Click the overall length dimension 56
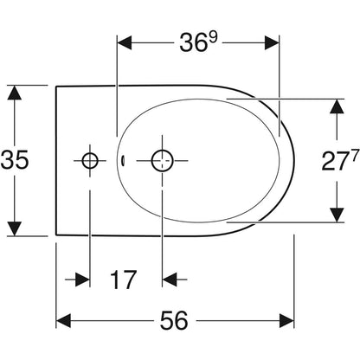[x=174, y=320]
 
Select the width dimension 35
[x=15, y=160]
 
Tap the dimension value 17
[x=123, y=280]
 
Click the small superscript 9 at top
[x=213, y=37]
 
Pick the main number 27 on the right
[x=334, y=161]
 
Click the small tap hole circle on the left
[x=90, y=160]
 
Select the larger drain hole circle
[x=162, y=161]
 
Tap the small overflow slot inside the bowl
[x=123, y=160]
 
